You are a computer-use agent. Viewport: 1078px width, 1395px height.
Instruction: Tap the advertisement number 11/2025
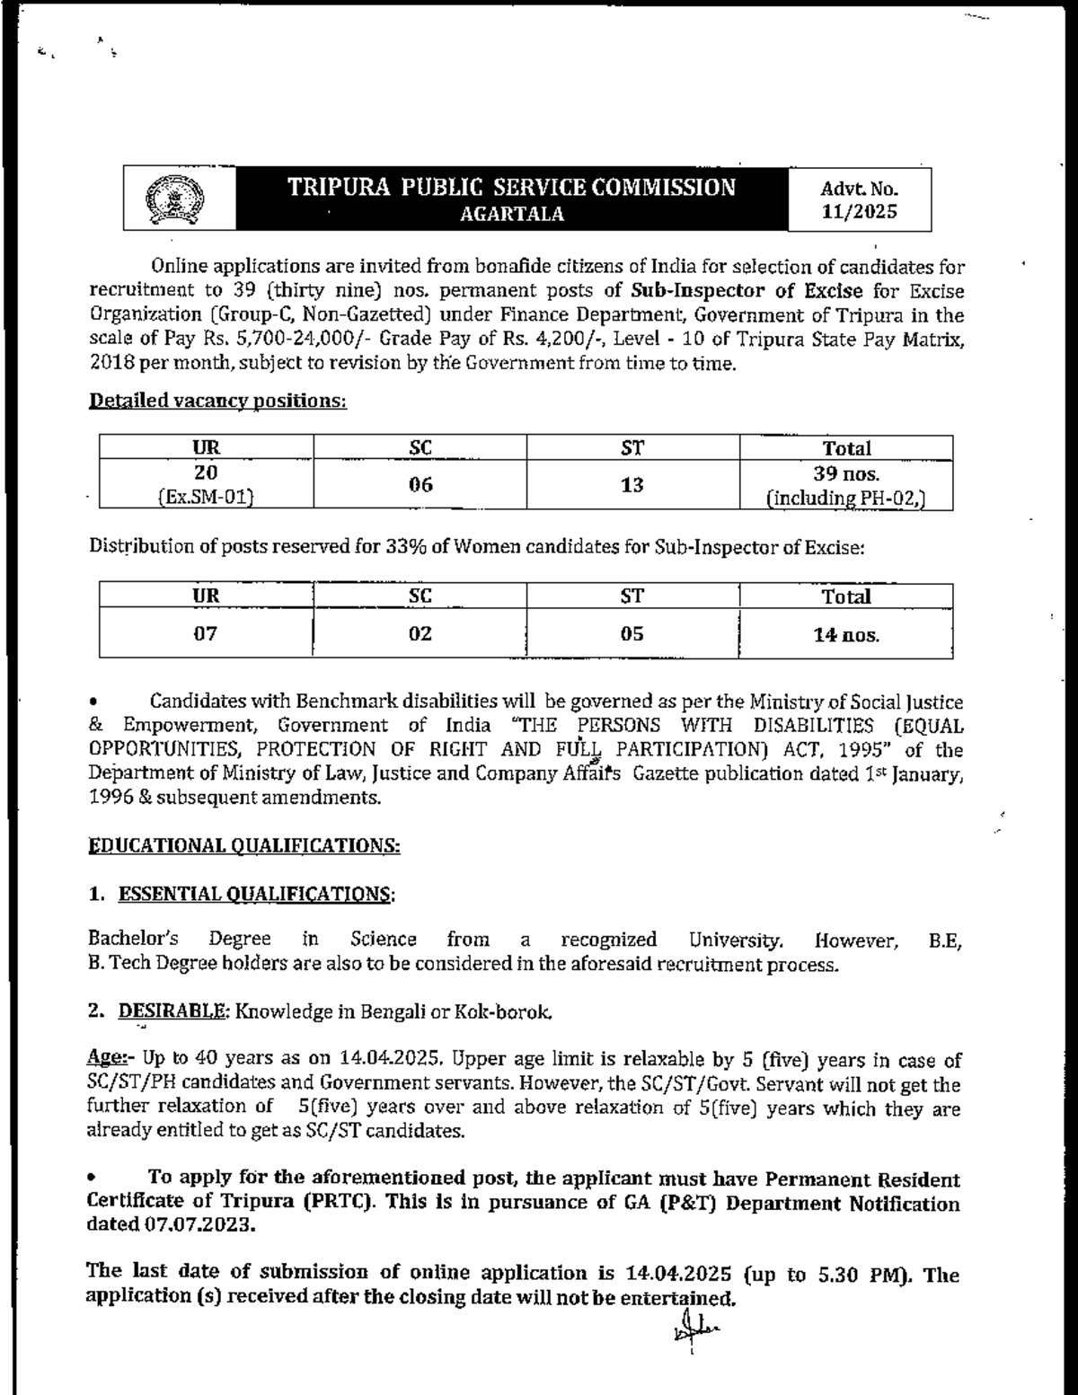click(860, 213)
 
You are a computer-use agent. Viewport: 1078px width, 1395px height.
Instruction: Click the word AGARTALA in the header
click(512, 214)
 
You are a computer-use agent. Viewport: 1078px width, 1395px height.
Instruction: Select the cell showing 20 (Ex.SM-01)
click(207, 485)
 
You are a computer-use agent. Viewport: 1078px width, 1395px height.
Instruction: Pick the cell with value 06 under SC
click(420, 485)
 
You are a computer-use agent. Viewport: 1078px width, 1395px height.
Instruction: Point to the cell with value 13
click(632, 485)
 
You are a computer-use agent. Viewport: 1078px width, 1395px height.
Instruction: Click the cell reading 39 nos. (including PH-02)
click(846, 485)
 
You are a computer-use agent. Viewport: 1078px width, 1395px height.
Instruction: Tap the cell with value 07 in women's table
click(207, 633)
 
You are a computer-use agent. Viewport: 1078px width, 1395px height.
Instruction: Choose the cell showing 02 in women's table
click(420, 633)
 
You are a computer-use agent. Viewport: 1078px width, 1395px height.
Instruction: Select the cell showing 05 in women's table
click(632, 633)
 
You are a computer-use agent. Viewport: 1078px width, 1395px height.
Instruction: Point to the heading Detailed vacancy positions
click(216, 401)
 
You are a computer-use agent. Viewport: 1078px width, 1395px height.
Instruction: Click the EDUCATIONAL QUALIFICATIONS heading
click(243, 845)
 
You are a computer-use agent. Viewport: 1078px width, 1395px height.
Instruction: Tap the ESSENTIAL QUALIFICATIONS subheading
click(255, 894)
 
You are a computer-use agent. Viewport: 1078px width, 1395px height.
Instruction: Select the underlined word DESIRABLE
click(172, 1011)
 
